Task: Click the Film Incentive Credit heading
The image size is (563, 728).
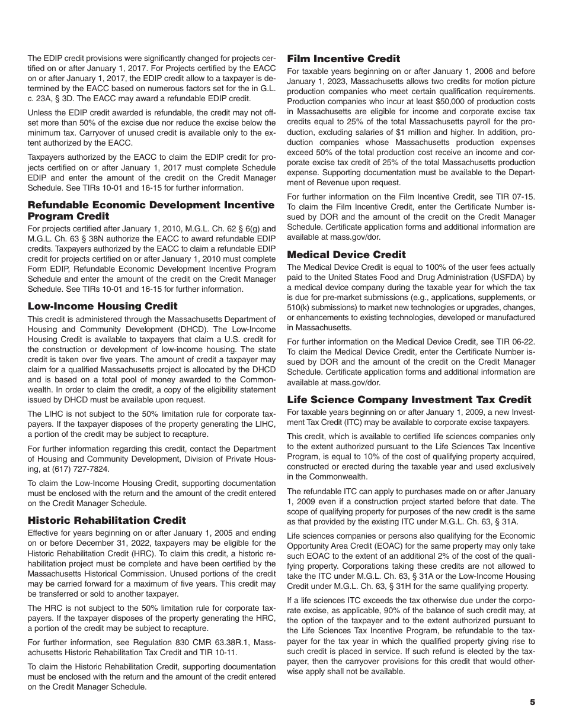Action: pyautogui.click(x=343, y=59)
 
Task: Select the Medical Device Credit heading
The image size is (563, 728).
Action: pyautogui.click(x=346, y=255)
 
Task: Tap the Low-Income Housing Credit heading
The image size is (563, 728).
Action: pyautogui.click(x=103, y=306)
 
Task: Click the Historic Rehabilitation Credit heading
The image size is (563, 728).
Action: pyautogui.click(x=107, y=520)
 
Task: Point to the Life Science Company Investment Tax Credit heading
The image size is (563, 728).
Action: pyautogui.click(x=409, y=400)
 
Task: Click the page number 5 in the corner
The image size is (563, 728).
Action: pyautogui.click(x=532, y=702)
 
